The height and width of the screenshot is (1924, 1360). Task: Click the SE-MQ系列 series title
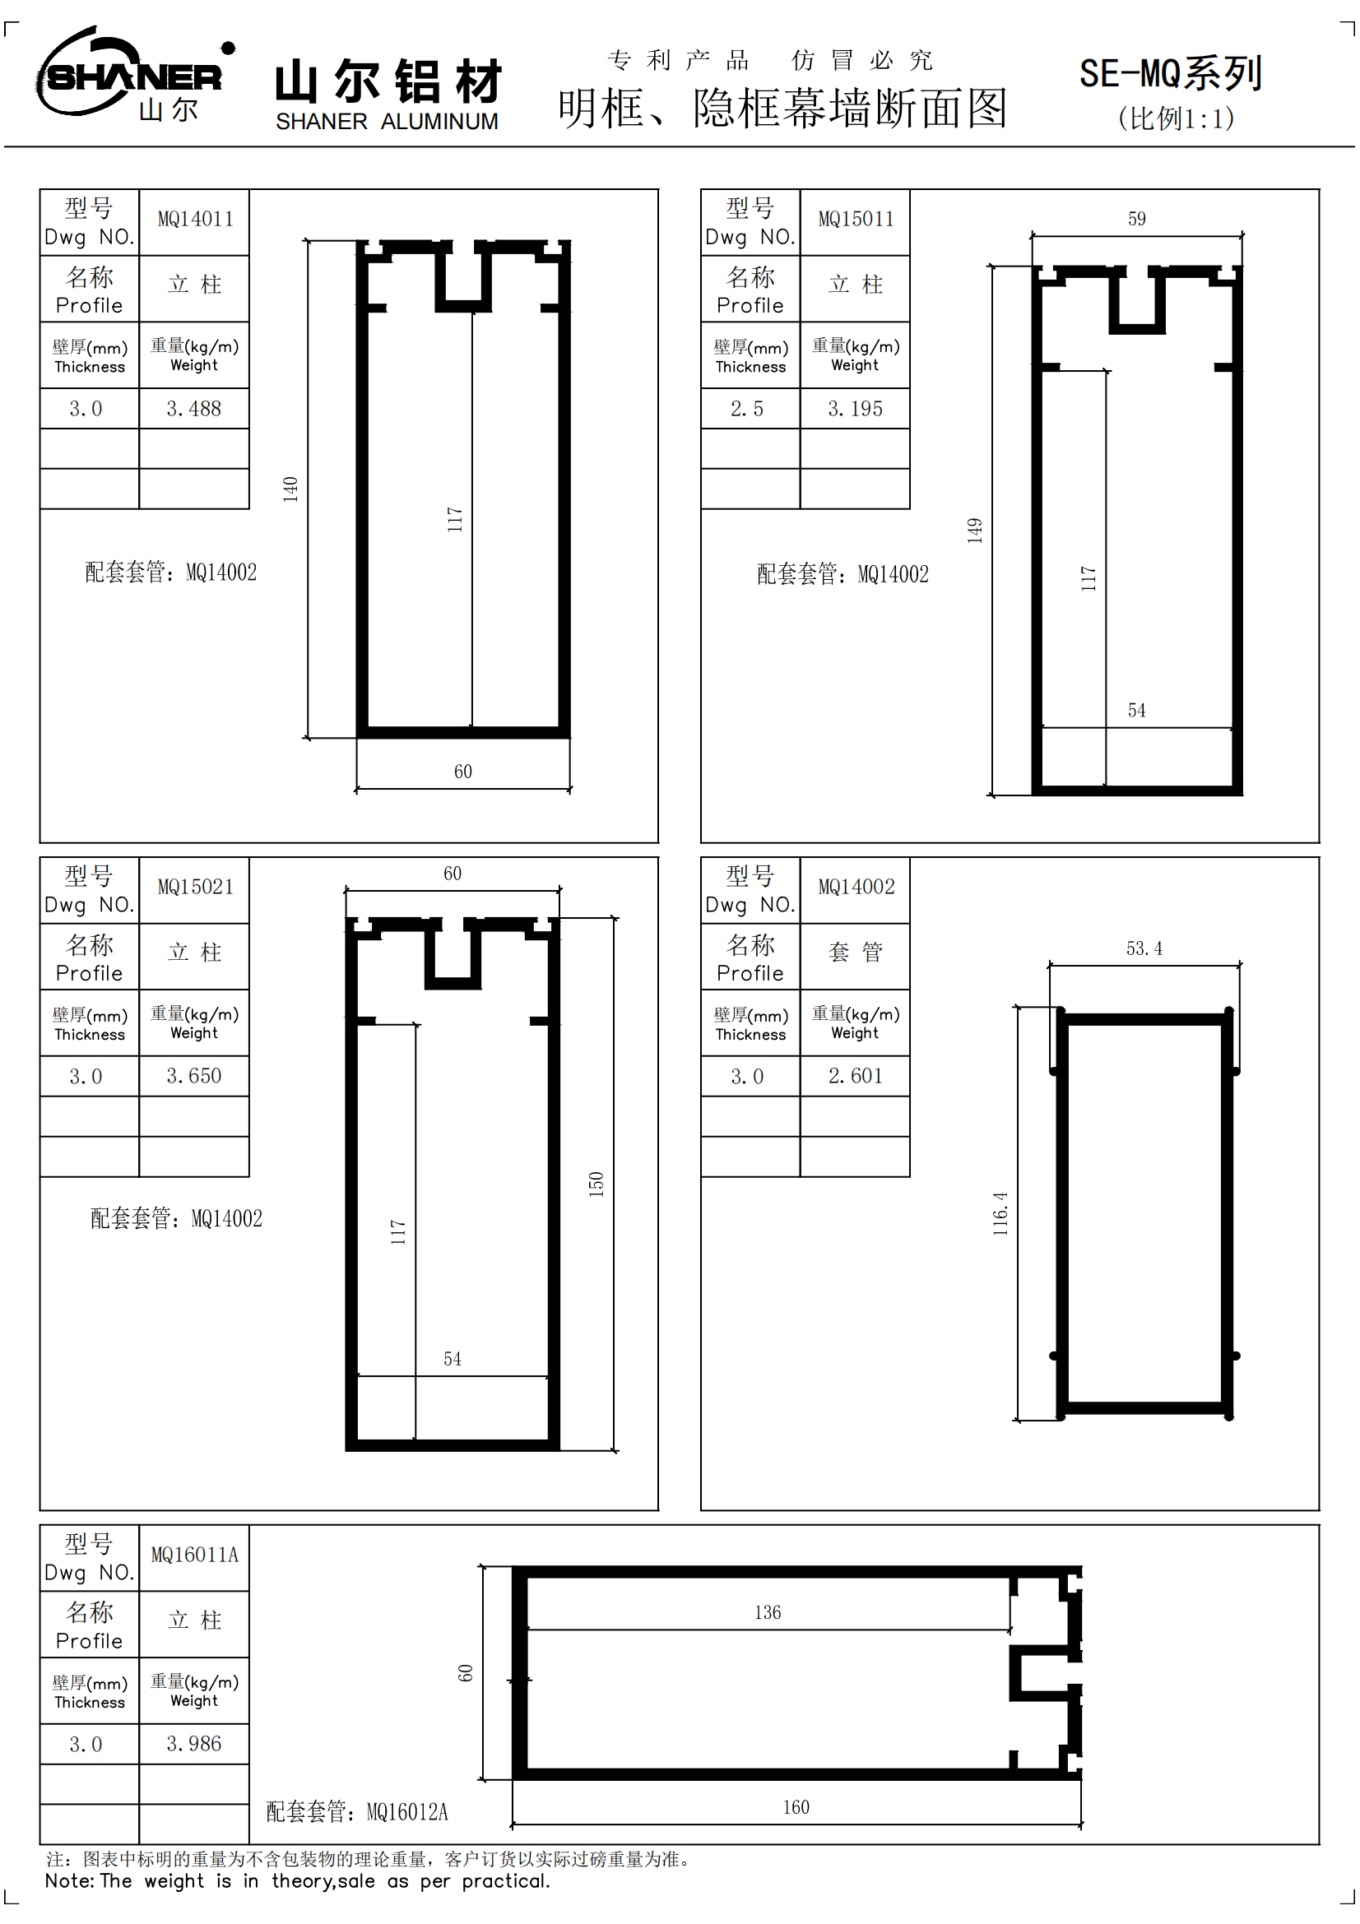pos(1170,74)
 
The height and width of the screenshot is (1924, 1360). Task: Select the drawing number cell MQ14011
pos(195,220)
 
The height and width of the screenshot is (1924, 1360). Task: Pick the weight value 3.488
pos(193,409)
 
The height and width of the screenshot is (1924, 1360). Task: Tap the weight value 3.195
pos(855,409)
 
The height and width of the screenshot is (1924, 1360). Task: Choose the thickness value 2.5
pos(746,409)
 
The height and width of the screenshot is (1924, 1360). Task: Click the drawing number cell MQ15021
pos(195,888)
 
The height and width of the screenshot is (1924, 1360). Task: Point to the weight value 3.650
pos(193,1076)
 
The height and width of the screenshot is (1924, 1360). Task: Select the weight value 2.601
pos(855,1076)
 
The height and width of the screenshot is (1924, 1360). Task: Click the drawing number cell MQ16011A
pos(194,1555)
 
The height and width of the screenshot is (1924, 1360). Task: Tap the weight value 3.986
pos(193,1744)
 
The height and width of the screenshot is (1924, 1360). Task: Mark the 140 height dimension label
pos(290,489)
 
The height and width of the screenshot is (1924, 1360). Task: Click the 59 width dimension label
pos(1136,219)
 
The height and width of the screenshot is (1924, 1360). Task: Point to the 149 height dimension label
pos(973,531)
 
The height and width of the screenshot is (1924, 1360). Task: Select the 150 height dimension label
pos(596,1184)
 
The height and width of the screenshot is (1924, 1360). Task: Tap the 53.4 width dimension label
pos(1144,948)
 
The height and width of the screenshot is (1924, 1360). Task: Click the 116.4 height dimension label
pos(1000,1213)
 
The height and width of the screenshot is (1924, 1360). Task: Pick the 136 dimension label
pos(767,1612)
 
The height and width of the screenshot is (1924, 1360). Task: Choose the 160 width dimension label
pos(796,1807)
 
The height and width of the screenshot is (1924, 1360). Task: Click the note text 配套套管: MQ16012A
pos(357,1811)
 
